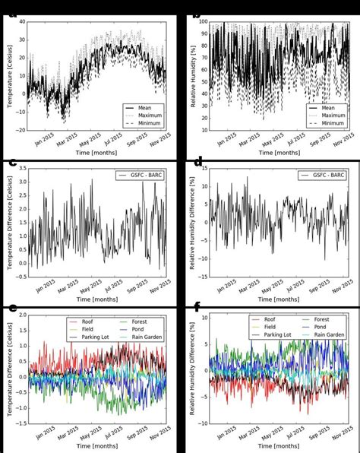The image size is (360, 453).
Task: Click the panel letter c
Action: tap(13, 163)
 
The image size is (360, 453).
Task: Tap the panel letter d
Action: tap(197, 163)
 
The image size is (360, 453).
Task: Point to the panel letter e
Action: tap(13, 307)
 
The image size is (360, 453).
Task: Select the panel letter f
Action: tap(197, 307)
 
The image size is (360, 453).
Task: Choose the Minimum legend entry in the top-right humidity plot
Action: tap(331, 122)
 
